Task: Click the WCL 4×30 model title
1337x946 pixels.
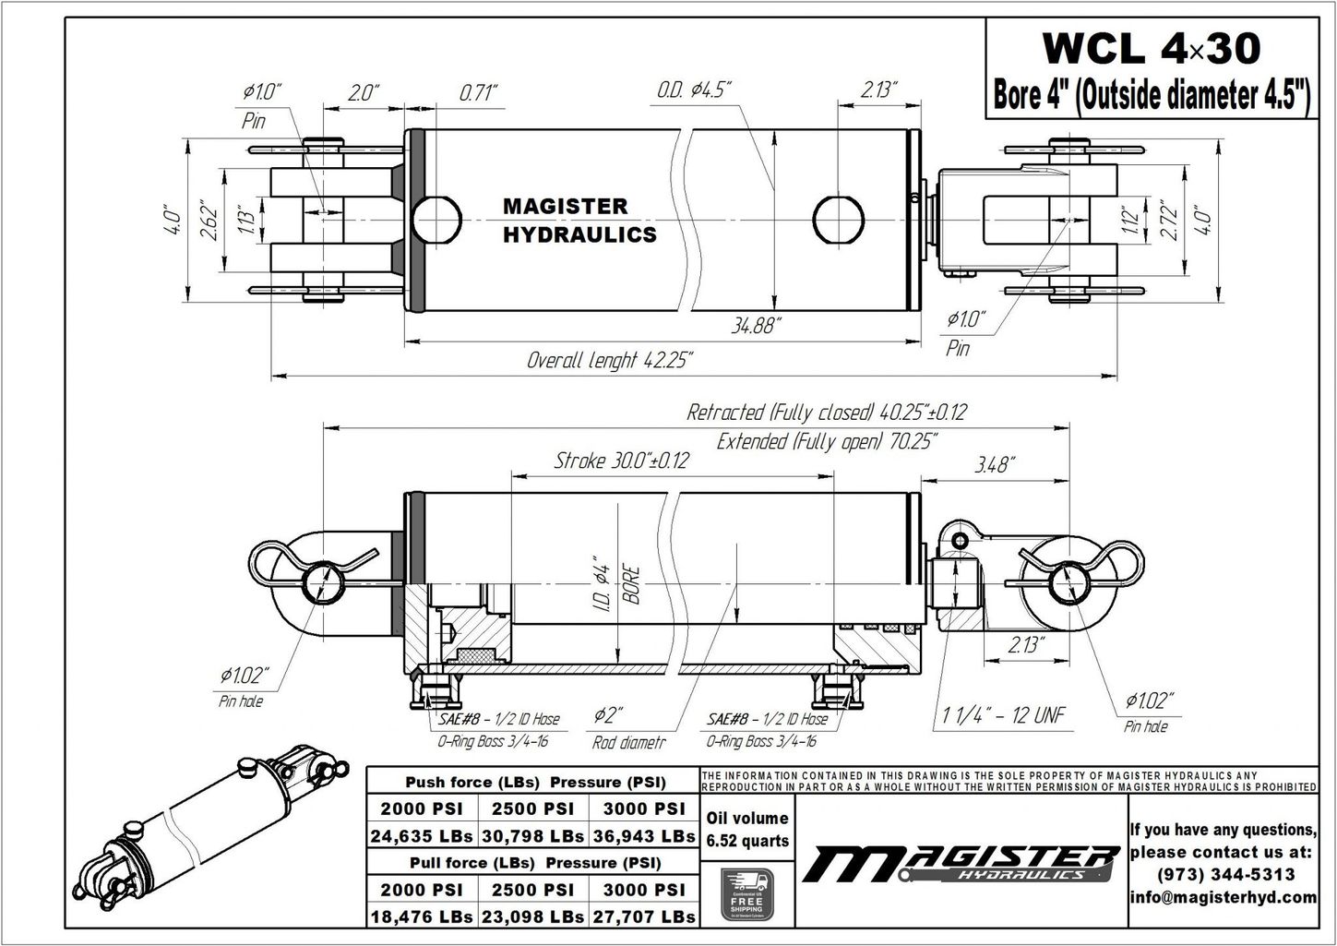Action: coord(1150,48)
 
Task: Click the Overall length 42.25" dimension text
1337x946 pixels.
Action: coord(609,360)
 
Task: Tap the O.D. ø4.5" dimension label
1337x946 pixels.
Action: coord(694,90)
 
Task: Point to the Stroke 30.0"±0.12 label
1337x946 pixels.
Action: coord(620,461)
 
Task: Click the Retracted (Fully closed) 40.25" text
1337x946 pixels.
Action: coord(826,412)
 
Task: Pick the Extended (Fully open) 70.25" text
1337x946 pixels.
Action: coord(826,441)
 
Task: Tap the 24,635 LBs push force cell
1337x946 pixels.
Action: coord(422,836)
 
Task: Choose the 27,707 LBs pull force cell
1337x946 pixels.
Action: coord(644,916)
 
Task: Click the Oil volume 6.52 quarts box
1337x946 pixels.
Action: coord(746,829)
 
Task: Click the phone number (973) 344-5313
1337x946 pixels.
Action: coord(1224,874)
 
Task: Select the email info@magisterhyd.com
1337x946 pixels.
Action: coord(1224,897)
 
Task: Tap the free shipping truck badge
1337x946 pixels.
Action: coord(746,894)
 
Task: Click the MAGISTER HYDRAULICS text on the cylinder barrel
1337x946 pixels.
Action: coord(579,221)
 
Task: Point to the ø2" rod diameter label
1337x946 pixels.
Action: coord(609,715)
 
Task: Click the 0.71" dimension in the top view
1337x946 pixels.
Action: coord(478,92)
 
